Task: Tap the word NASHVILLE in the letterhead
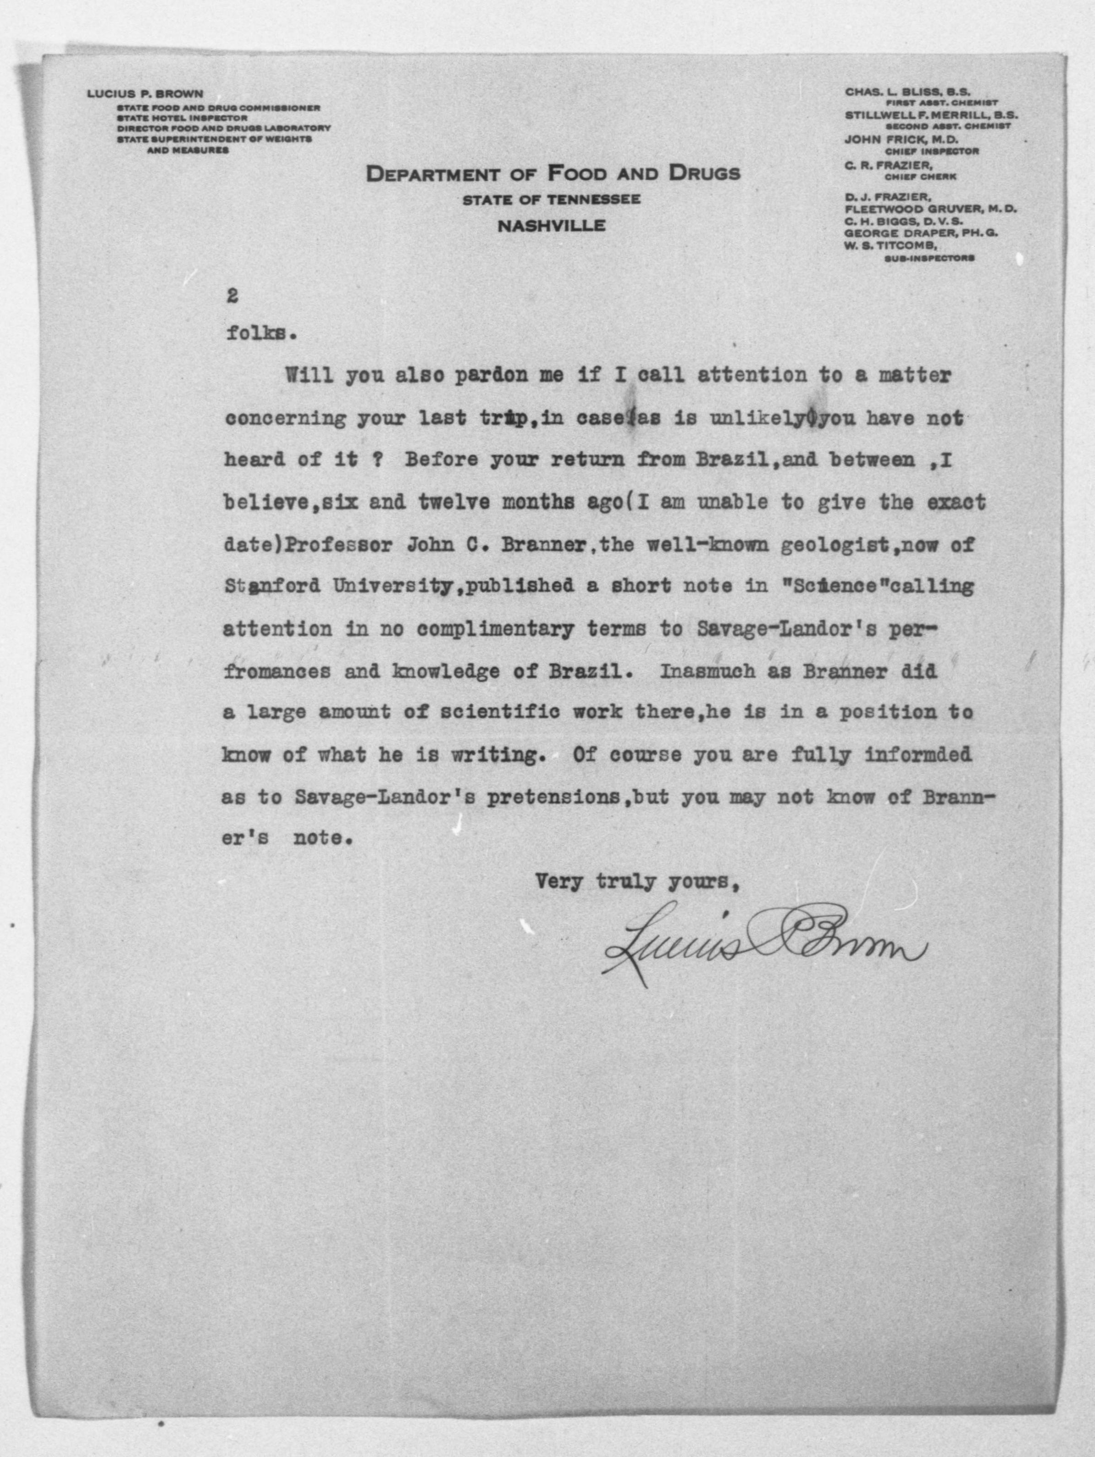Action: click(x=552, y=226)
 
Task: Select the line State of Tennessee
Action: click(x=552, y=200)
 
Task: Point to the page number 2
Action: click(x=231, y=297)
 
